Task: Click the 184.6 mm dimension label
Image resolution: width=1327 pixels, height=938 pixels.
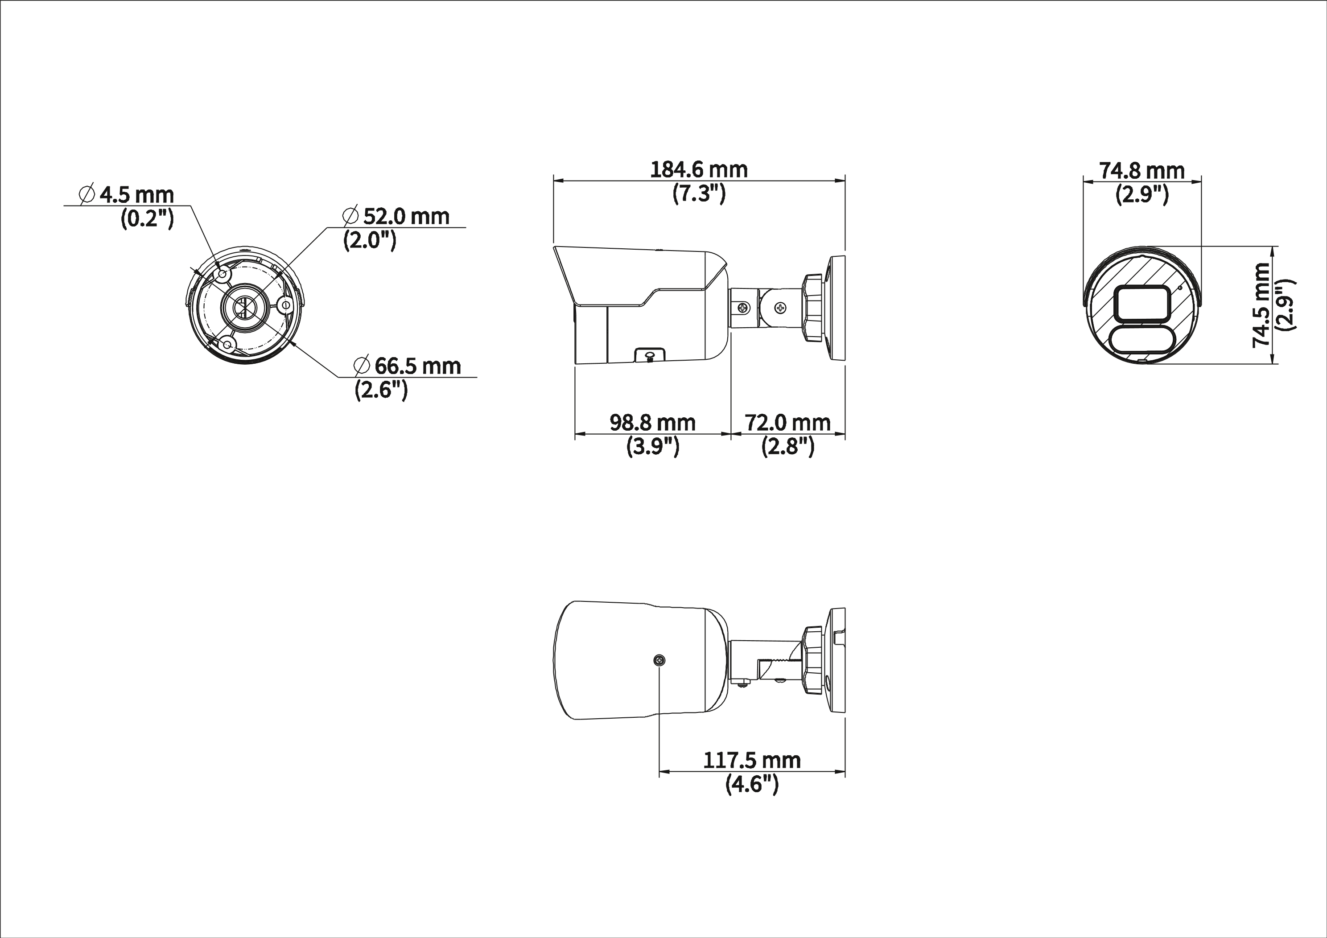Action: pos(699,170)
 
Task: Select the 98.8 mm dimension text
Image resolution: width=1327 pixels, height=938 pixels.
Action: pos(652,423)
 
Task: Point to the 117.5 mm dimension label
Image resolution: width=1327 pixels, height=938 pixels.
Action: pos(752,761)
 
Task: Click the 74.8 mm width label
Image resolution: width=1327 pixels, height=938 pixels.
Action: pos(1142,171)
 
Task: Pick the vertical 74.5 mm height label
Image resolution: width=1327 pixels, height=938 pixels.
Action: pos(1262,304)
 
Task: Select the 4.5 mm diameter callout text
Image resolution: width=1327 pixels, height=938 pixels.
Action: pos(137,195)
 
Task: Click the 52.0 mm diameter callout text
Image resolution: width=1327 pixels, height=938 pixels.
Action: pos(406,216)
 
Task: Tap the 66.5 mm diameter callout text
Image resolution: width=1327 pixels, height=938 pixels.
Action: pos(418,366)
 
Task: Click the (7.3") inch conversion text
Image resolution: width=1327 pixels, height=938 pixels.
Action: pos(699,193)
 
